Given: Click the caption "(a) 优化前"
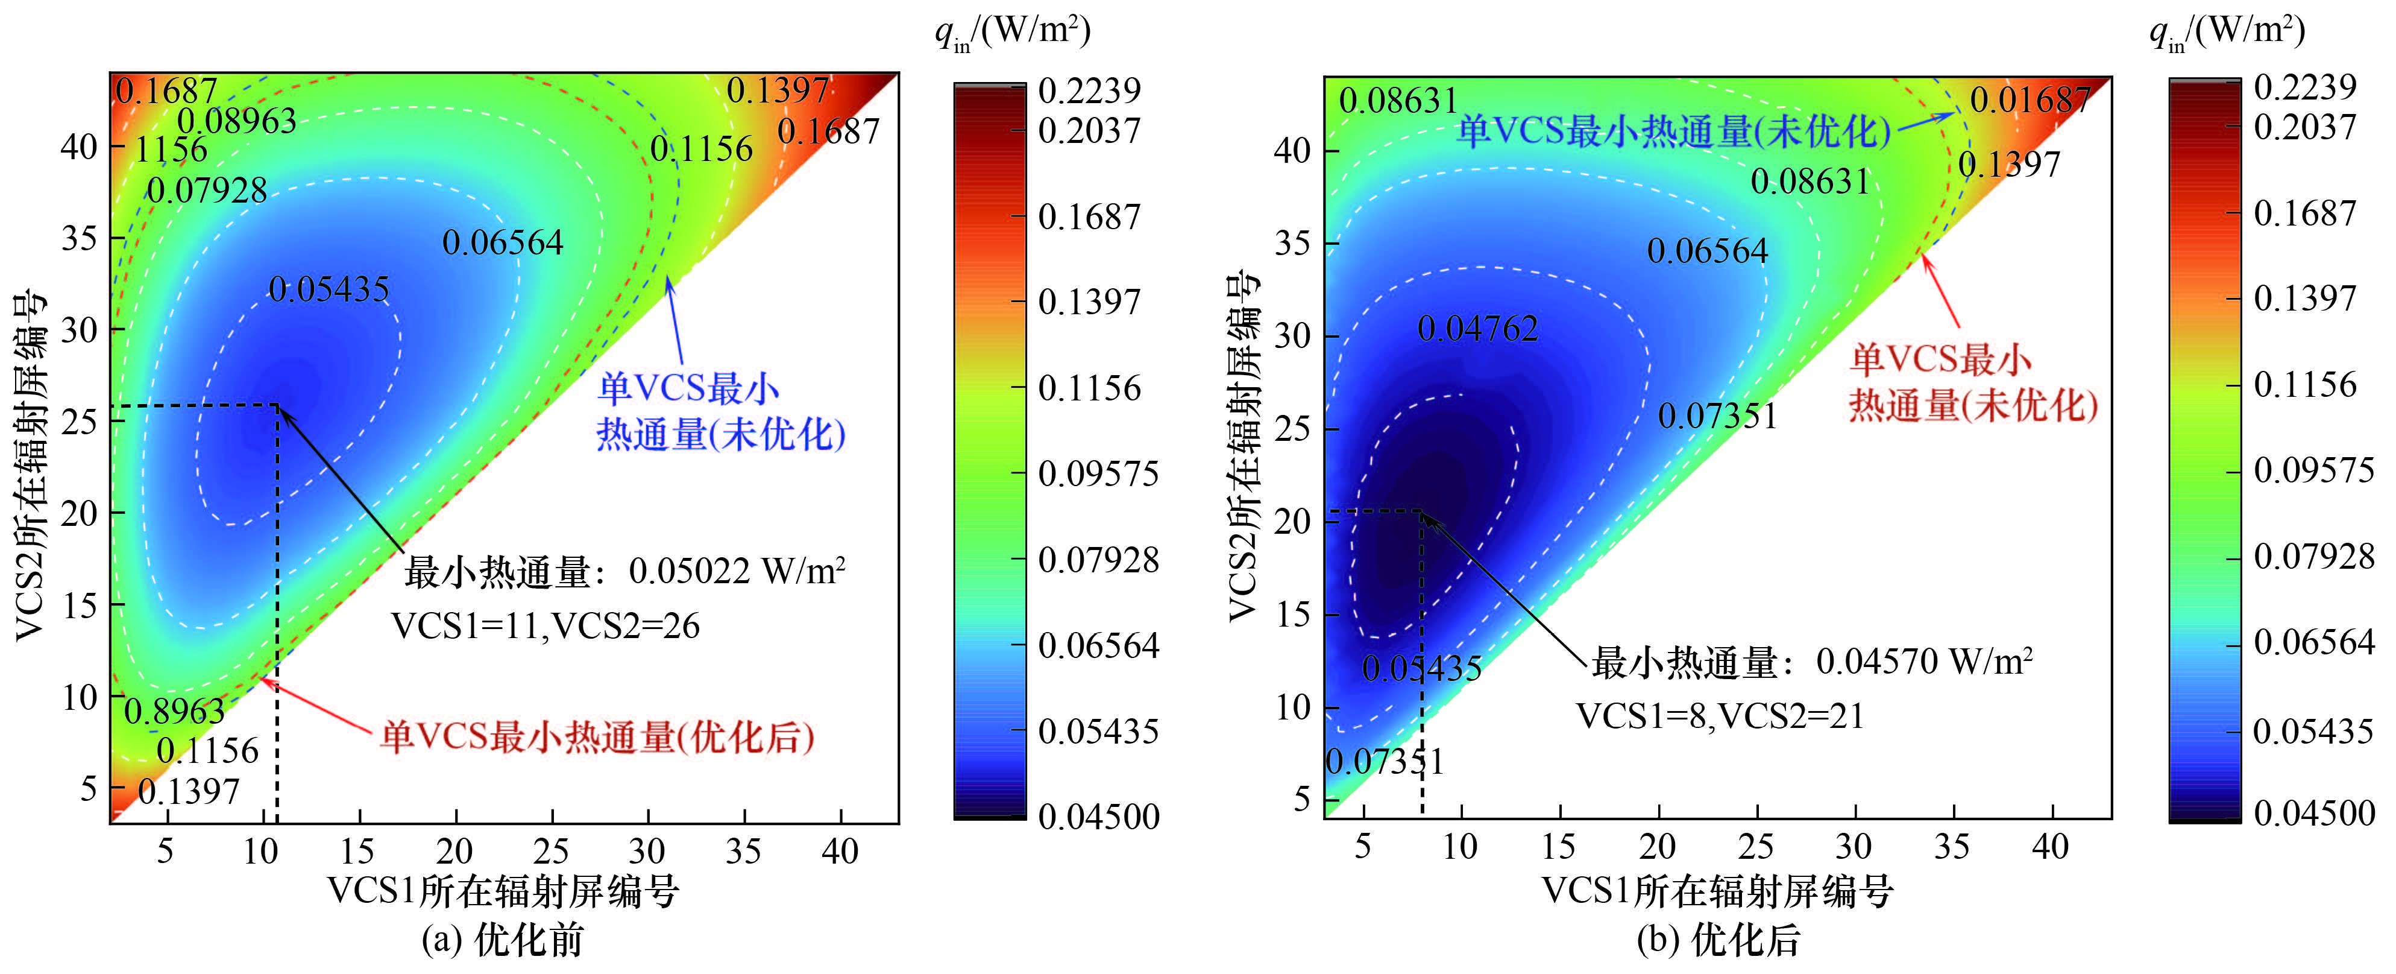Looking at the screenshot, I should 502,940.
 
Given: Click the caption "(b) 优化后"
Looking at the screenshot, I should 1718,940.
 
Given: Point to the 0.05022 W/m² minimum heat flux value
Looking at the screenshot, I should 737,571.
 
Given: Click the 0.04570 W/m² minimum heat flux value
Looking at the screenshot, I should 1923,662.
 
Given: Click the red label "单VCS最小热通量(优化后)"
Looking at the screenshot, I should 597,737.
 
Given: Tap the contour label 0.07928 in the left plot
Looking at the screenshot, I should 207,191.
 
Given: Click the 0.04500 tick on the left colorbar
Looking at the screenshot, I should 1098,817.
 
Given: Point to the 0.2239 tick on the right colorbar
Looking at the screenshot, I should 2305,86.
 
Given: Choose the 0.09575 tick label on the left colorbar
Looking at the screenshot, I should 1098,473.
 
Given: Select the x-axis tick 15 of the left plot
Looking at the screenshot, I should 358,851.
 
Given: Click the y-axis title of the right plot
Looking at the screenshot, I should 1244,446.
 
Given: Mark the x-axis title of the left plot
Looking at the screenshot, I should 503,891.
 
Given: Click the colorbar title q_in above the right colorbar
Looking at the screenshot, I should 2227,31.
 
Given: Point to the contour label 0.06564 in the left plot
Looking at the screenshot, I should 502,243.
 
